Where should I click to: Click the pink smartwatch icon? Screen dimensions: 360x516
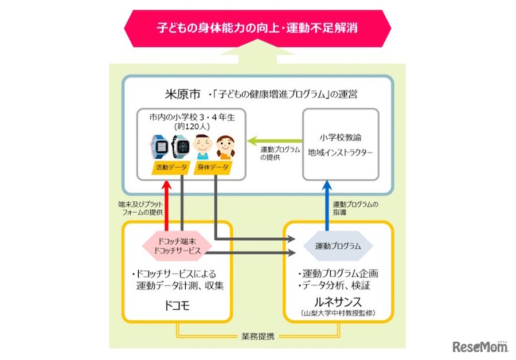(161, 146)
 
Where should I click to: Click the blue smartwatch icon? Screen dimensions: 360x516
(181, 146)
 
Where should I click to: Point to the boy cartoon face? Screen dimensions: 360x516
(201, 146)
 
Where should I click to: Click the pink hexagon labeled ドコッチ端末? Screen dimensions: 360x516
(177, 245)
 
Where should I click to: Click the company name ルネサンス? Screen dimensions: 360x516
(339, 302)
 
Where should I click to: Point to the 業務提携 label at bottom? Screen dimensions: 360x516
(259, 336)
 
